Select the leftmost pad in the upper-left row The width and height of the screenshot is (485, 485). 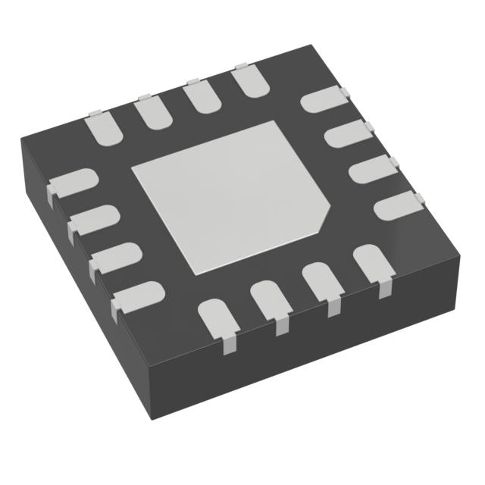pos(105,127)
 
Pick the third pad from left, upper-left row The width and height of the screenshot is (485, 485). pos(199,98)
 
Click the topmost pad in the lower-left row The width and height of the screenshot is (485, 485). pos(73,184)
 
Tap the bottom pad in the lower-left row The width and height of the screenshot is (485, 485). pos(139,295)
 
